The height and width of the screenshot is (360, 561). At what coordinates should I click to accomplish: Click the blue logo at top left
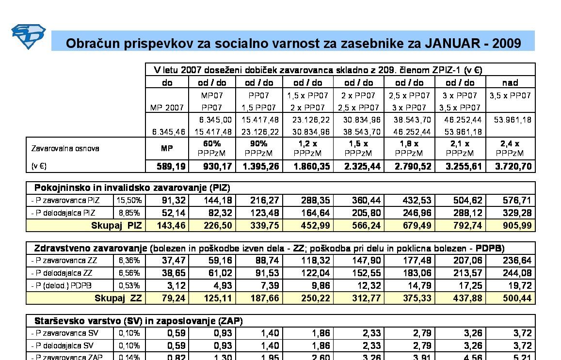point(28,36)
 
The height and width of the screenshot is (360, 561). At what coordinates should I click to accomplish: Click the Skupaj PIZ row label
point(116,225)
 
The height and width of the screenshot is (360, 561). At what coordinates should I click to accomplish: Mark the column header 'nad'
point(510,82)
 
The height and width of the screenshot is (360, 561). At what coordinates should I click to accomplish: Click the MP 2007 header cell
point(167,108)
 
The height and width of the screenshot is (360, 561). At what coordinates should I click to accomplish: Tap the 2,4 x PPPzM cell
point(510,148)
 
